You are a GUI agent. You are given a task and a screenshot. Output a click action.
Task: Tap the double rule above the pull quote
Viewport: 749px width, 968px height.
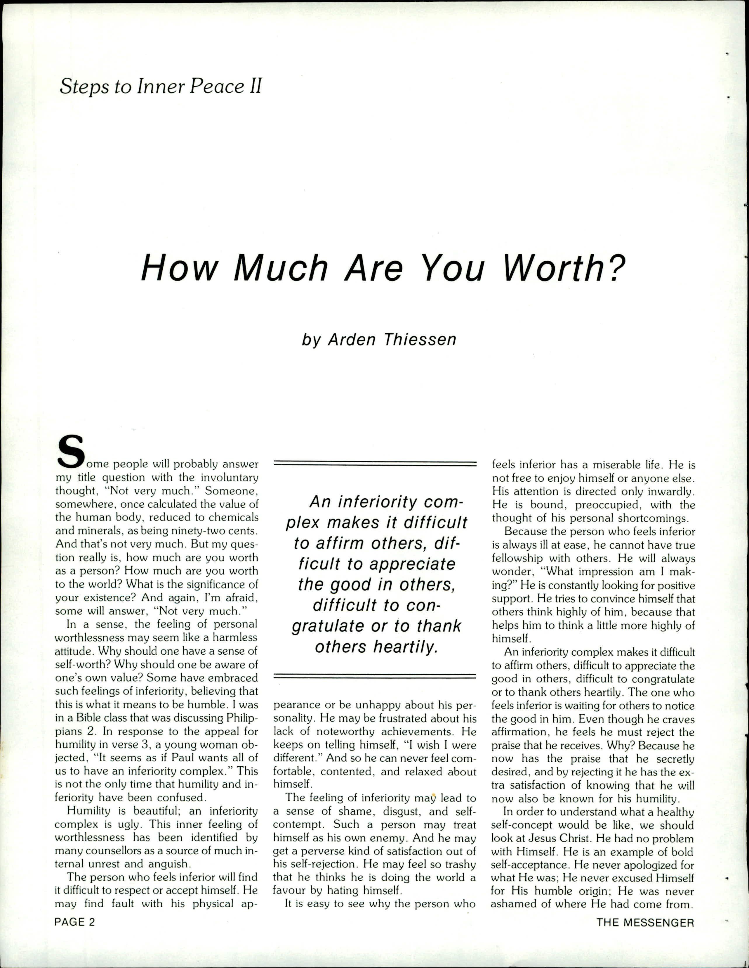coord(375,463)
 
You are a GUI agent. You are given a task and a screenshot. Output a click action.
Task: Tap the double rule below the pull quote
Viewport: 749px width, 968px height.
coord(375,676)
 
